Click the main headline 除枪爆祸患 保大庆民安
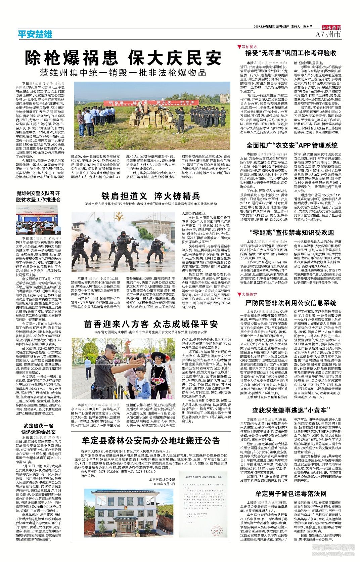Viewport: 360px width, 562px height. (x=124, y=58)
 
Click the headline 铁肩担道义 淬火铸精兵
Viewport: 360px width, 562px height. (x=151, y=196)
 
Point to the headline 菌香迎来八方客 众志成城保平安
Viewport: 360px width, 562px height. (x=151, y=324)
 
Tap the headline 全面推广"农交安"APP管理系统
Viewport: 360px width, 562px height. (x=292, y=145)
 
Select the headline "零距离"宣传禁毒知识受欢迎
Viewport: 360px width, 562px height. (x=292, y=232)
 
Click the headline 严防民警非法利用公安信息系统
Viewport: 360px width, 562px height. (x=291, y=303)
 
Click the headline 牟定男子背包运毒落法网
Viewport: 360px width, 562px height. (x=291, y=493)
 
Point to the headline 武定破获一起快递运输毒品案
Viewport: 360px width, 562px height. (x=38, y=429)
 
